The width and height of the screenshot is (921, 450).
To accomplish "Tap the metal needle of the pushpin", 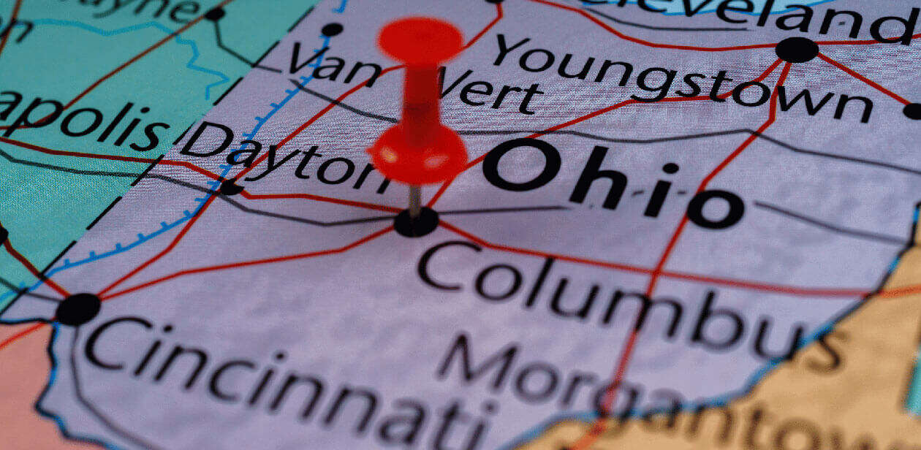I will [x=415, y=200].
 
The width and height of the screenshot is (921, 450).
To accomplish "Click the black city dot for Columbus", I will [x=416, y=223].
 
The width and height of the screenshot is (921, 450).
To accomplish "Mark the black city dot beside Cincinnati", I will [x=77, y=309].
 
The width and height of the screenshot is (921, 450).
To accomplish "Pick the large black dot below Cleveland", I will [x=797, y=50].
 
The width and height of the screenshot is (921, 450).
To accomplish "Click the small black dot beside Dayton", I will [x=231, y=188].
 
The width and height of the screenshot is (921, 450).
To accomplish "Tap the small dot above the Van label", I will [x=332, y=29].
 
